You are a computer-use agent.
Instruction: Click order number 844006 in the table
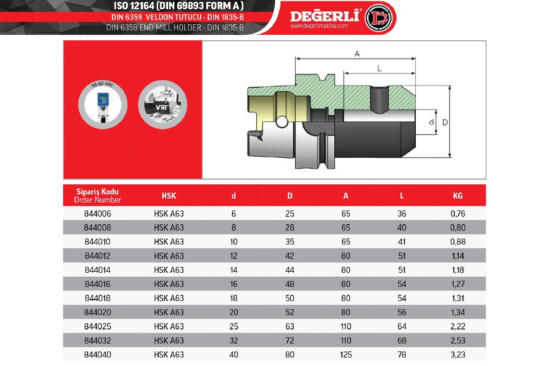click(x=98, y=214)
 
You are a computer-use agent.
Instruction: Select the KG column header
click(x=458, y=196)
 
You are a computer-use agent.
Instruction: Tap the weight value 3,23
click(x=458, y=355)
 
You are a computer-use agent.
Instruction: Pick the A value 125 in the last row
click(x=346, y=355)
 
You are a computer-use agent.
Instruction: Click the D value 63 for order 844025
click(x=290, y=326)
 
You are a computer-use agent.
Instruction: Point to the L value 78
click(x=401, y=355)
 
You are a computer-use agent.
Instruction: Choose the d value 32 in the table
click(x=233, y=340)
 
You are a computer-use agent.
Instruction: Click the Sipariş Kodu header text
click(x=98, y=191)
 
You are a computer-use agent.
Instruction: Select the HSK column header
click(x=169, y=196)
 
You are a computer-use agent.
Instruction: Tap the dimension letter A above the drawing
click(x=357, y=54)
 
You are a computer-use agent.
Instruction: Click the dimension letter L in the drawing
click(x=379, y=68)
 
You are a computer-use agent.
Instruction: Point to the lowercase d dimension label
click(x=431, y=122)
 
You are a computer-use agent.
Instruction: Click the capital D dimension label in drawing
click(x=445, y=122)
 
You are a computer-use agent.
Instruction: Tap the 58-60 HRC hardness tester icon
click(x=103, y=105)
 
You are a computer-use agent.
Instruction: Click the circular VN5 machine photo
click(x=163, y=105)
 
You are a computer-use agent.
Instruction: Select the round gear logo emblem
click(x=379, y=18)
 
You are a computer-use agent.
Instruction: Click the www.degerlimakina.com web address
click(x=319, y=26)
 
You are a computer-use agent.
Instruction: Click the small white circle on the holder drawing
click(x=282, y=122)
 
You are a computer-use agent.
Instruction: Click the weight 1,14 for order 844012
click(x=458, y=256)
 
